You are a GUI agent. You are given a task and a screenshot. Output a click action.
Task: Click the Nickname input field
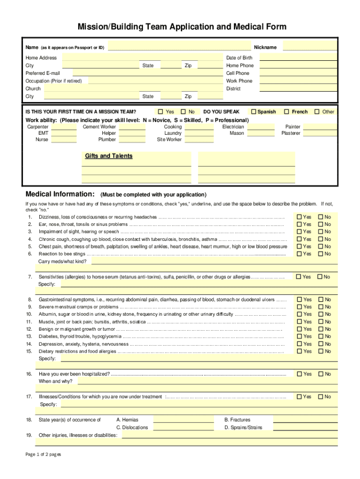pyautogui.click(x=310, y=46)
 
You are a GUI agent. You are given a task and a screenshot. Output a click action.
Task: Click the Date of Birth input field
pyautogui.click(x=298, y=57)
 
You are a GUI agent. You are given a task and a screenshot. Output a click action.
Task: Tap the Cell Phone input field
pyautogui.click(x=298, y=73)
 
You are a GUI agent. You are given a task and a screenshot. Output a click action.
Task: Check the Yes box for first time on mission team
pyautogui.click(x=161, y=112)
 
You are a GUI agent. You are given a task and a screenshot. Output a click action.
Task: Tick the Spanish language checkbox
pyautogui.click(x=253, y=112)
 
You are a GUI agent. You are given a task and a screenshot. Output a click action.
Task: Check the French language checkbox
pyautogui.click(x=287, y=112)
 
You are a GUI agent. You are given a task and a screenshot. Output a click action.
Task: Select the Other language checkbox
pyautogui.click(x=317, y=112)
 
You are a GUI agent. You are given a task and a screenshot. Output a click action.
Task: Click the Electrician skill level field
pyautogui.click(x=264, y=127)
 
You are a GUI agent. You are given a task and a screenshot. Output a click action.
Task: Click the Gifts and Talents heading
pyautogui.click(x=108, y=156)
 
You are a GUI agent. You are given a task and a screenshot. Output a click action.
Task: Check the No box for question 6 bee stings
pyautogui.click(x=321, y=254)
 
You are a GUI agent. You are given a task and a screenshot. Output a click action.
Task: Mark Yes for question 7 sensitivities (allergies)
pyautogui.click(x=299, y=277)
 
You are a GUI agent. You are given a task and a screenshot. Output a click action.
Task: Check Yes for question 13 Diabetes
pyautogui.click(x=299, y=336)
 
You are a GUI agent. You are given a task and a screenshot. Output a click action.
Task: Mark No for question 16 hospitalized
pyautogui.click(x=321, y=374)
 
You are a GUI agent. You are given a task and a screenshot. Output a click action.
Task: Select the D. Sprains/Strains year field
pyautogui.click(x=305, y=427)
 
